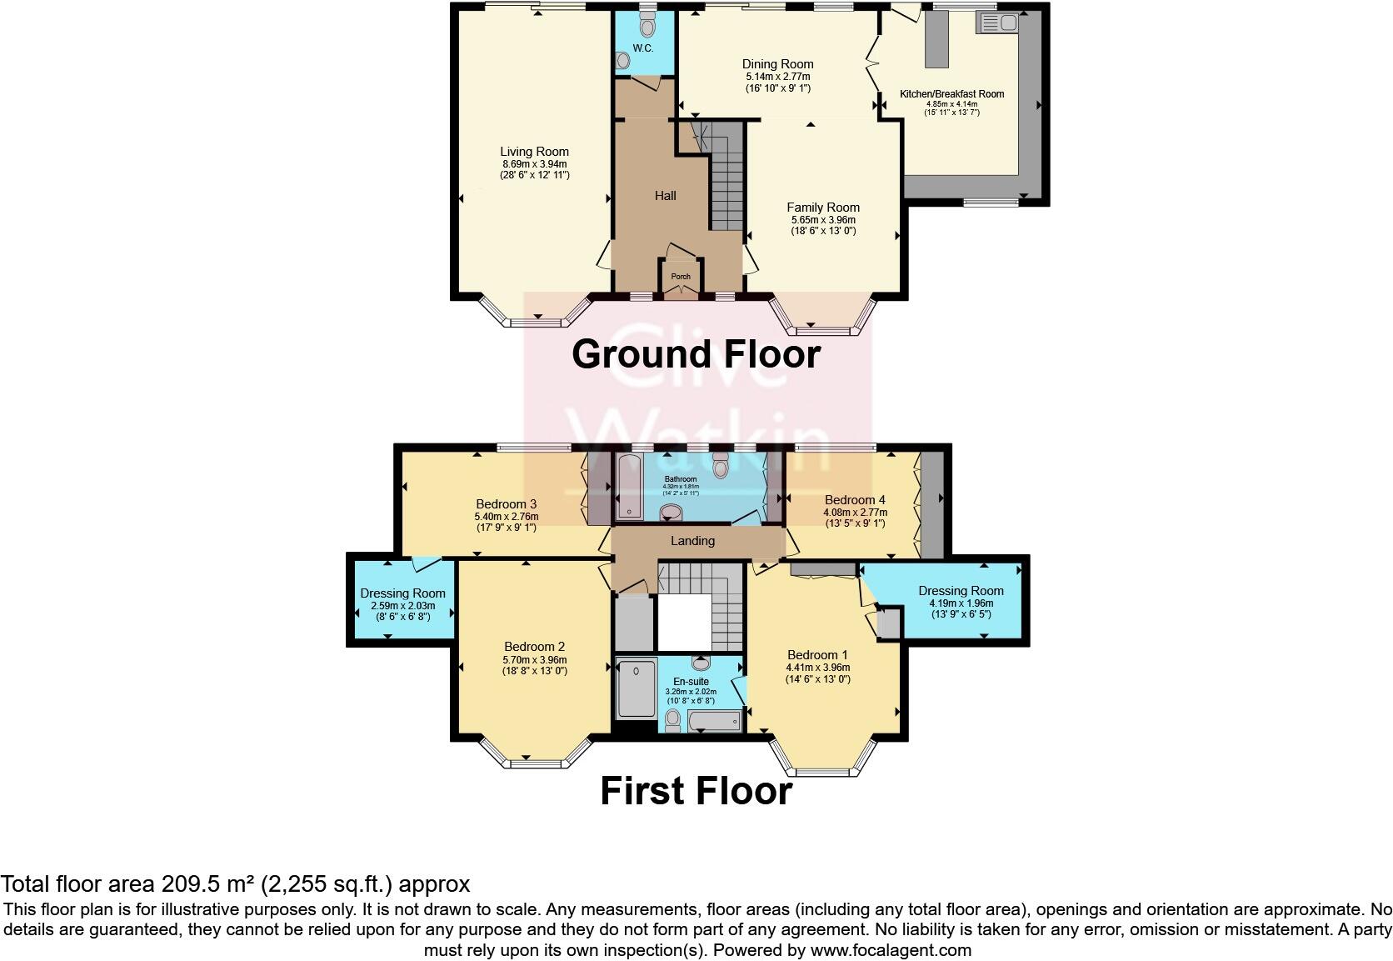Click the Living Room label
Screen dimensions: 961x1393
[534, 152]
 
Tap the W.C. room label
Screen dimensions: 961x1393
[642, 48]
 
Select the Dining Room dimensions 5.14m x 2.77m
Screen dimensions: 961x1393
[777, 77]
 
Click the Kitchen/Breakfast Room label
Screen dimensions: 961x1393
[951, 94]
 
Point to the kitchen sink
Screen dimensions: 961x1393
[996, 23]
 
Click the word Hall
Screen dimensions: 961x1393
[665, 196]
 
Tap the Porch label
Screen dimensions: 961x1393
[681, 277]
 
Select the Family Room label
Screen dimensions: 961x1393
[823, 208]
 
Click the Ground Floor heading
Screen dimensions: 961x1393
[696, 354]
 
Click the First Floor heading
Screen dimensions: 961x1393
[696, 791]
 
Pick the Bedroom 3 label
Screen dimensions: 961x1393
[506, 504]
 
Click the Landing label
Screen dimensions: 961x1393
[692, 541]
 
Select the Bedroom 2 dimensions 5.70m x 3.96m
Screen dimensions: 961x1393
[534, 660]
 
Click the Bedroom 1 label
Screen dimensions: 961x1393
[817, 654]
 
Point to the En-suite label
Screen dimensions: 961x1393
[691, 682]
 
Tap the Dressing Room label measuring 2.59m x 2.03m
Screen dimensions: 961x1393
[402, 593]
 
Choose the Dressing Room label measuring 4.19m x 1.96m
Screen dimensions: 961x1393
[961, 591]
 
